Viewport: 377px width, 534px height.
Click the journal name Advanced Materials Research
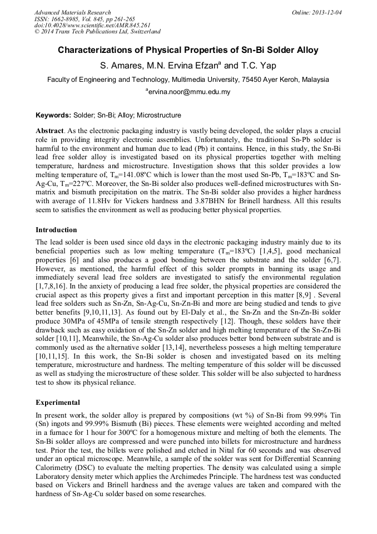tap(72, 12)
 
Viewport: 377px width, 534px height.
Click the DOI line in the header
tap(92, 25)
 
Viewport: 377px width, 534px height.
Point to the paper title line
tap(188, 50)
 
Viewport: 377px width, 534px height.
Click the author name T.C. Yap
tap(258, 66)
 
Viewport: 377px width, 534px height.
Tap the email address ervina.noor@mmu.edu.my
tap(190, 91)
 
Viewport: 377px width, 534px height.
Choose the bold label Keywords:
tap(53, 115)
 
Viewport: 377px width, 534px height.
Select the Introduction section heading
tap(56, 230)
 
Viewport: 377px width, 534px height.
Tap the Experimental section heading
tap(58, 403)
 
